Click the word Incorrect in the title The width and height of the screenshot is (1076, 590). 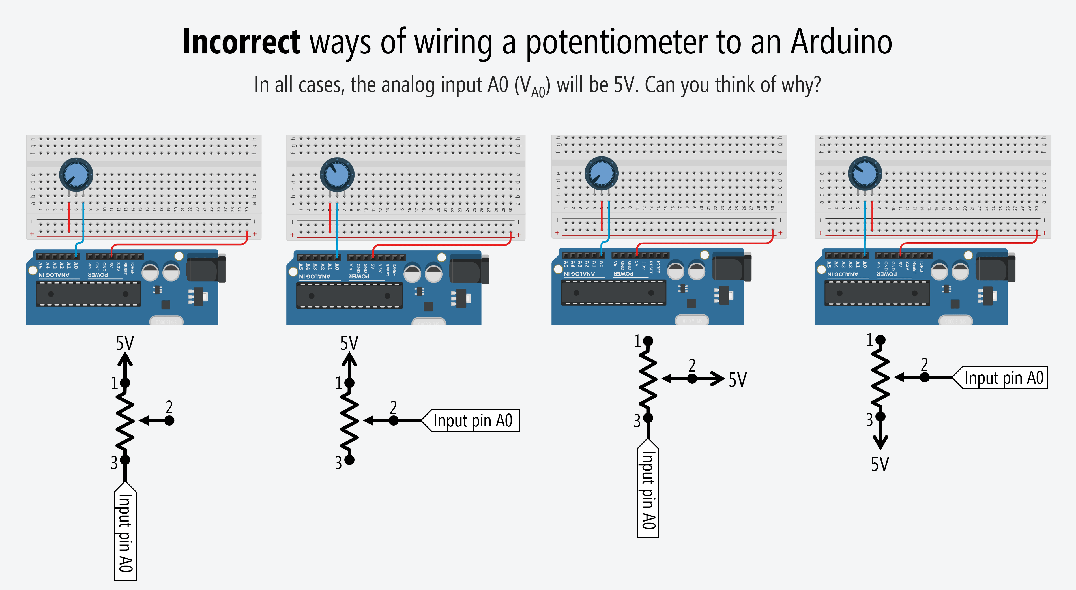[241, 42]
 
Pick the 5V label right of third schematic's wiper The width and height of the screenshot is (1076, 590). [737, 380]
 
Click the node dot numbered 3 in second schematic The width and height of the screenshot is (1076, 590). [350, 460]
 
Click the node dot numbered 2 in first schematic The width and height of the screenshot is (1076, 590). [169, 420]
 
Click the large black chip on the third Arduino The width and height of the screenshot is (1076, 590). [613, 293]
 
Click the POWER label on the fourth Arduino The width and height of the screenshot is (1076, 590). [886, 274]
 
